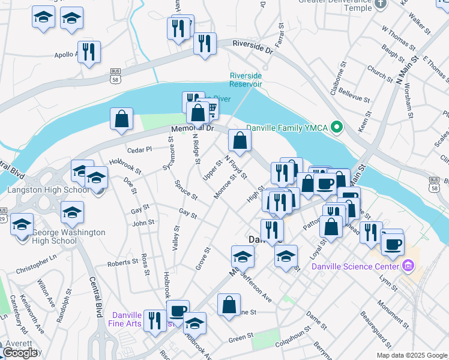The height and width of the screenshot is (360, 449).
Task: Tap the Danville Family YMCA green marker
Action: pyautogui.click(x=337, y=127)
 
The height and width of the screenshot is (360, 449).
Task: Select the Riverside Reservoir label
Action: pyautogui.click(x=246, y=80)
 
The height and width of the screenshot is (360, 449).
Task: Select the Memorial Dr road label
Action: pyautogui.click(x=192, y=128)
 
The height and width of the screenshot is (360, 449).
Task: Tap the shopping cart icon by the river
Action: pyautogui.click(x=210, y=109)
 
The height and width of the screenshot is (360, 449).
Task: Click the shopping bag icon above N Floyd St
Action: pyautogui.click(x=240, y=141)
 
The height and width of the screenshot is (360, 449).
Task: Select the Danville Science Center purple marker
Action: pyautogui.click(x=409, y=265)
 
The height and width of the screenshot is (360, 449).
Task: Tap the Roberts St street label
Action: pyautogui.click(x=119, y=263)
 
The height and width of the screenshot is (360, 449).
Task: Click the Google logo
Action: pyautogui.click(x=20, y=353)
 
